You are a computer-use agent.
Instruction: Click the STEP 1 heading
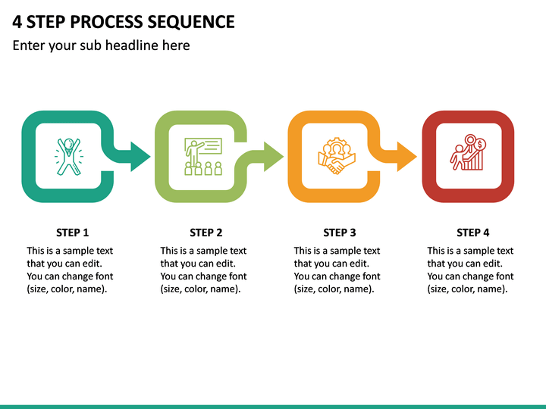pos(73,233)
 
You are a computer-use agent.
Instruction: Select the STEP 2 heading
pos(206,233)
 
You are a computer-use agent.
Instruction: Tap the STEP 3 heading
pos(340,233)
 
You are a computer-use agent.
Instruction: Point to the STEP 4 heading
pos(473,233)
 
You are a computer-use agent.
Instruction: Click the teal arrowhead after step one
pos(140,157)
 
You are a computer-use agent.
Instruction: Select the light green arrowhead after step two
pos(273,157)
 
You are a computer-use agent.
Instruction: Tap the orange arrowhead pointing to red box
pos(406,157)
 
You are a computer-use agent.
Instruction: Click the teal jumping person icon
pos(68,157)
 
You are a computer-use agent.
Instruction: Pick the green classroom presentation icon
pos(203,157)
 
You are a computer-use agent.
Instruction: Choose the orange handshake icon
pos(337,156)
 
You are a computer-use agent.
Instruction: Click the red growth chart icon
pos(468,152)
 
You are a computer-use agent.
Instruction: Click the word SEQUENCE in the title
pos(191,21)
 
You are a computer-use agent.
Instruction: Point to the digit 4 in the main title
pos(17,21)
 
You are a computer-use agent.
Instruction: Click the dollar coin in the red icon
pos(480,145)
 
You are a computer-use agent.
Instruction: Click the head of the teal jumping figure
pos(69,143)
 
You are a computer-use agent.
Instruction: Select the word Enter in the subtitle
pos(28,45)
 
